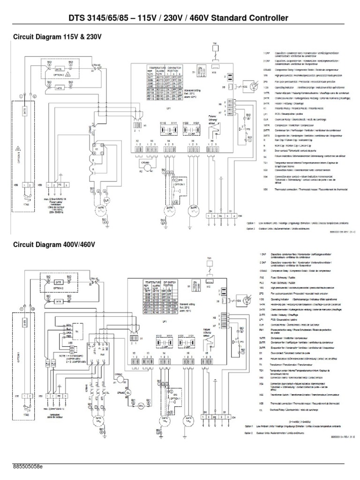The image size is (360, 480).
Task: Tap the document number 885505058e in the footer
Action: coord(28,467)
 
